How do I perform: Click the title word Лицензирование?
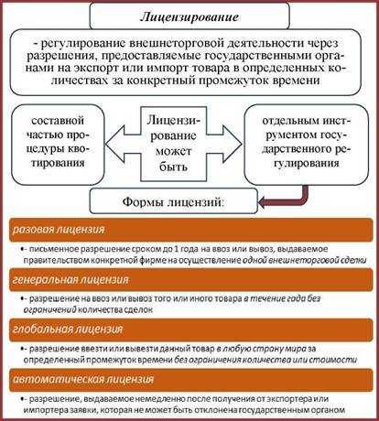(189, 16)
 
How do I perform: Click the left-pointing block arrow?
(123, 144)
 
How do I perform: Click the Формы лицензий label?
(173, 201)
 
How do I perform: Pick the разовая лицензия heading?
(59, 230)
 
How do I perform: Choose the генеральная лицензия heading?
(70, 279)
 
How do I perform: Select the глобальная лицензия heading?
(68, 329)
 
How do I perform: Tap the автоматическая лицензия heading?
(83, 379)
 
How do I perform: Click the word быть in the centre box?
(173, 167)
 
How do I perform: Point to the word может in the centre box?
(173, 151)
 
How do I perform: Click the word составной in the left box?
(58, 121)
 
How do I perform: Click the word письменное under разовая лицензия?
(54, 249)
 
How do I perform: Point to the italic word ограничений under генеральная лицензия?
(49, 310)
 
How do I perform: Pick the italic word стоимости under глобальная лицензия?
(333, 360)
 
